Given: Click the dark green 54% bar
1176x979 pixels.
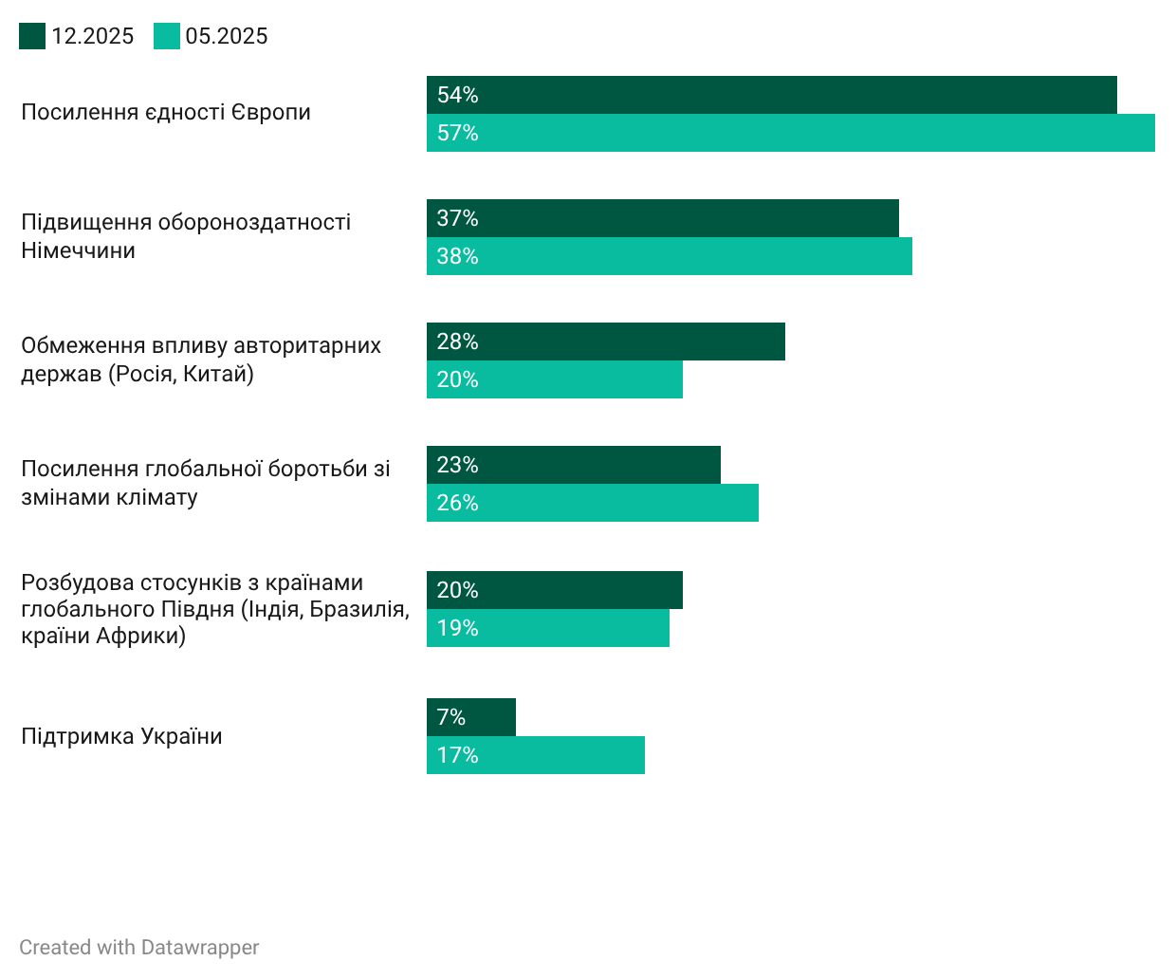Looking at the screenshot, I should click(771, 95).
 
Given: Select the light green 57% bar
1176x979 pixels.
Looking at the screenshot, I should click(790, 133).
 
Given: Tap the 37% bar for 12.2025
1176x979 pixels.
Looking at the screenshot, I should click(662, 218).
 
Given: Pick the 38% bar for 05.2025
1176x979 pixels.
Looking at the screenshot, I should click(669, 256).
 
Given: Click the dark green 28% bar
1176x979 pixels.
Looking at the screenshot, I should click(605, 342).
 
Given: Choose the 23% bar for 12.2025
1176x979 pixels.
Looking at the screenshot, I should click(573, 465).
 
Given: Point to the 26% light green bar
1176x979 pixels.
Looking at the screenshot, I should click(592, 503).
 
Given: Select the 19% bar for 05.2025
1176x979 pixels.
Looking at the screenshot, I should click(547, 628).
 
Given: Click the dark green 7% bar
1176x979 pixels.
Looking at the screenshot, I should click(470, 717).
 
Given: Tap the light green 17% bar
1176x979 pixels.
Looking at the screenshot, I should click(535, 755).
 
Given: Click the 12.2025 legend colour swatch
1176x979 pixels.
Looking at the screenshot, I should click(32, 36).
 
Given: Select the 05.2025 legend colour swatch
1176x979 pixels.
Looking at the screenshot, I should click(167, 36).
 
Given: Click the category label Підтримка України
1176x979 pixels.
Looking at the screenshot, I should click(121, 736).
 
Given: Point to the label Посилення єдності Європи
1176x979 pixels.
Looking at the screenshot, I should click(166, 112).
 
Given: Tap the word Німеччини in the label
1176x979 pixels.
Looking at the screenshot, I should click(78, 250).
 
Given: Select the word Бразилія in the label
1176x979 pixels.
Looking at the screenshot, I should click(358, 609).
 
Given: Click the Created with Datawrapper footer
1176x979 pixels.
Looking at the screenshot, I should click(138, 948).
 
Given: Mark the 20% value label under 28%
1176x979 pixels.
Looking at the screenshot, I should click(457, 379).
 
